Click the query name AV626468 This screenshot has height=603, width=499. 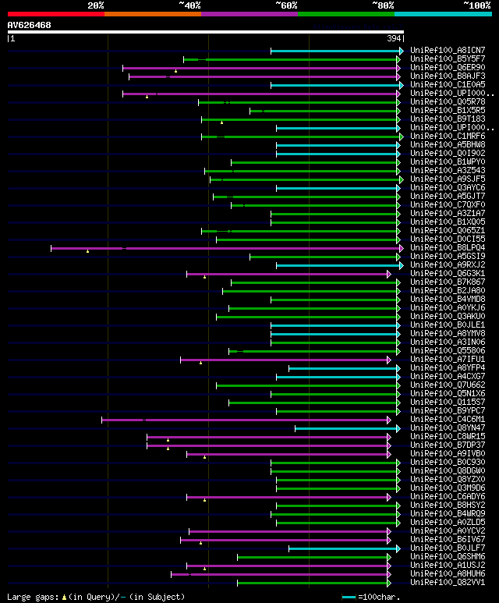(x=30, y=26)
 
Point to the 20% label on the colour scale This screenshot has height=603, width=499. (x=96, y=5)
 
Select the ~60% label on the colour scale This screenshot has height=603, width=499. (x=286, y=5)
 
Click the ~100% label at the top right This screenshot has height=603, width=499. (x=476, y=5)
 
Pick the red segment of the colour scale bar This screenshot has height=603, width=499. (x=55, y=13)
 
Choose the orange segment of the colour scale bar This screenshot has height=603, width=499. (x=152, y=13)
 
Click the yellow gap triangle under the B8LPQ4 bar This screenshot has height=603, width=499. (x=88, y=251)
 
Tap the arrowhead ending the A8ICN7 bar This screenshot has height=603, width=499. (x=401, y=51)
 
